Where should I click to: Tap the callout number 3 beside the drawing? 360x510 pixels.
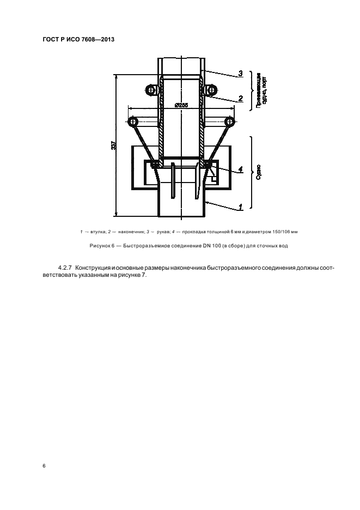coord(239,72)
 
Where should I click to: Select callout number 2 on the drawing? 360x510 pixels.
coord(239,99)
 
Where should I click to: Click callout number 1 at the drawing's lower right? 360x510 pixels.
coord(239,207)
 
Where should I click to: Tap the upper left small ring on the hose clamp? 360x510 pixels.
coord(151,90)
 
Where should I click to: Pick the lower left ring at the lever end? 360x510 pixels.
coord(132,120)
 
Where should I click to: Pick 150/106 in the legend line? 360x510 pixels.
coord(280,232)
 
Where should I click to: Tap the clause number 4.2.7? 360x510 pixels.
coord(65,268)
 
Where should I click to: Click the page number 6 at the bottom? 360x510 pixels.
coord(44,466)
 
